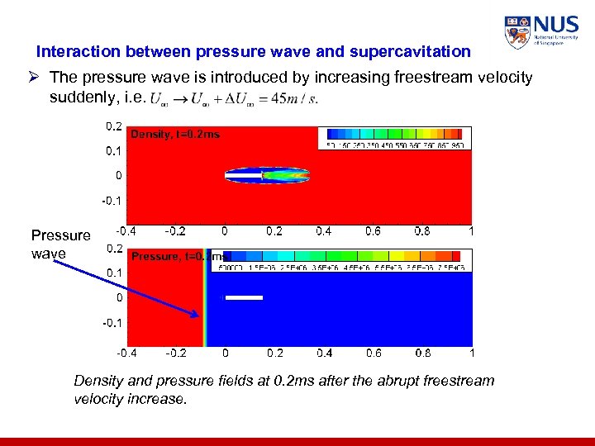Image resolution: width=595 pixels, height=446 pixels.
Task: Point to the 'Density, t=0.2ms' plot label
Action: click(x=175, y=135)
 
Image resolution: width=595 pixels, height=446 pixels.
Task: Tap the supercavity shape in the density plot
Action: click(x=267, y=175)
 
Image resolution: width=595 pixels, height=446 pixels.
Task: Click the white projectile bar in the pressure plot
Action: click(x=244, y=297)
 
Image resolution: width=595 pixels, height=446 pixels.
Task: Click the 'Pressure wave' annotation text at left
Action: click(x=60, y=244)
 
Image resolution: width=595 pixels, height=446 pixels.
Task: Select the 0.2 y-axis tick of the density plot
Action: click(x=113, y=127)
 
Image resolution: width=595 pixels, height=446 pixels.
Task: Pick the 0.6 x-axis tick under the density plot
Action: click(x=372, y=231)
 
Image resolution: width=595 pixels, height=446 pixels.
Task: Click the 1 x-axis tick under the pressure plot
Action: click(x=470, y=353)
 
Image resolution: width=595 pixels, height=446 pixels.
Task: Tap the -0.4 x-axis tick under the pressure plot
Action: click(x=127, y=353)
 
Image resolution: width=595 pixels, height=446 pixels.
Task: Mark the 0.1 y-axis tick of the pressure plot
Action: click(x=113, y=272)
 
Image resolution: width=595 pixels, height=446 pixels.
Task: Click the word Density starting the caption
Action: click(x=99, y=381)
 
